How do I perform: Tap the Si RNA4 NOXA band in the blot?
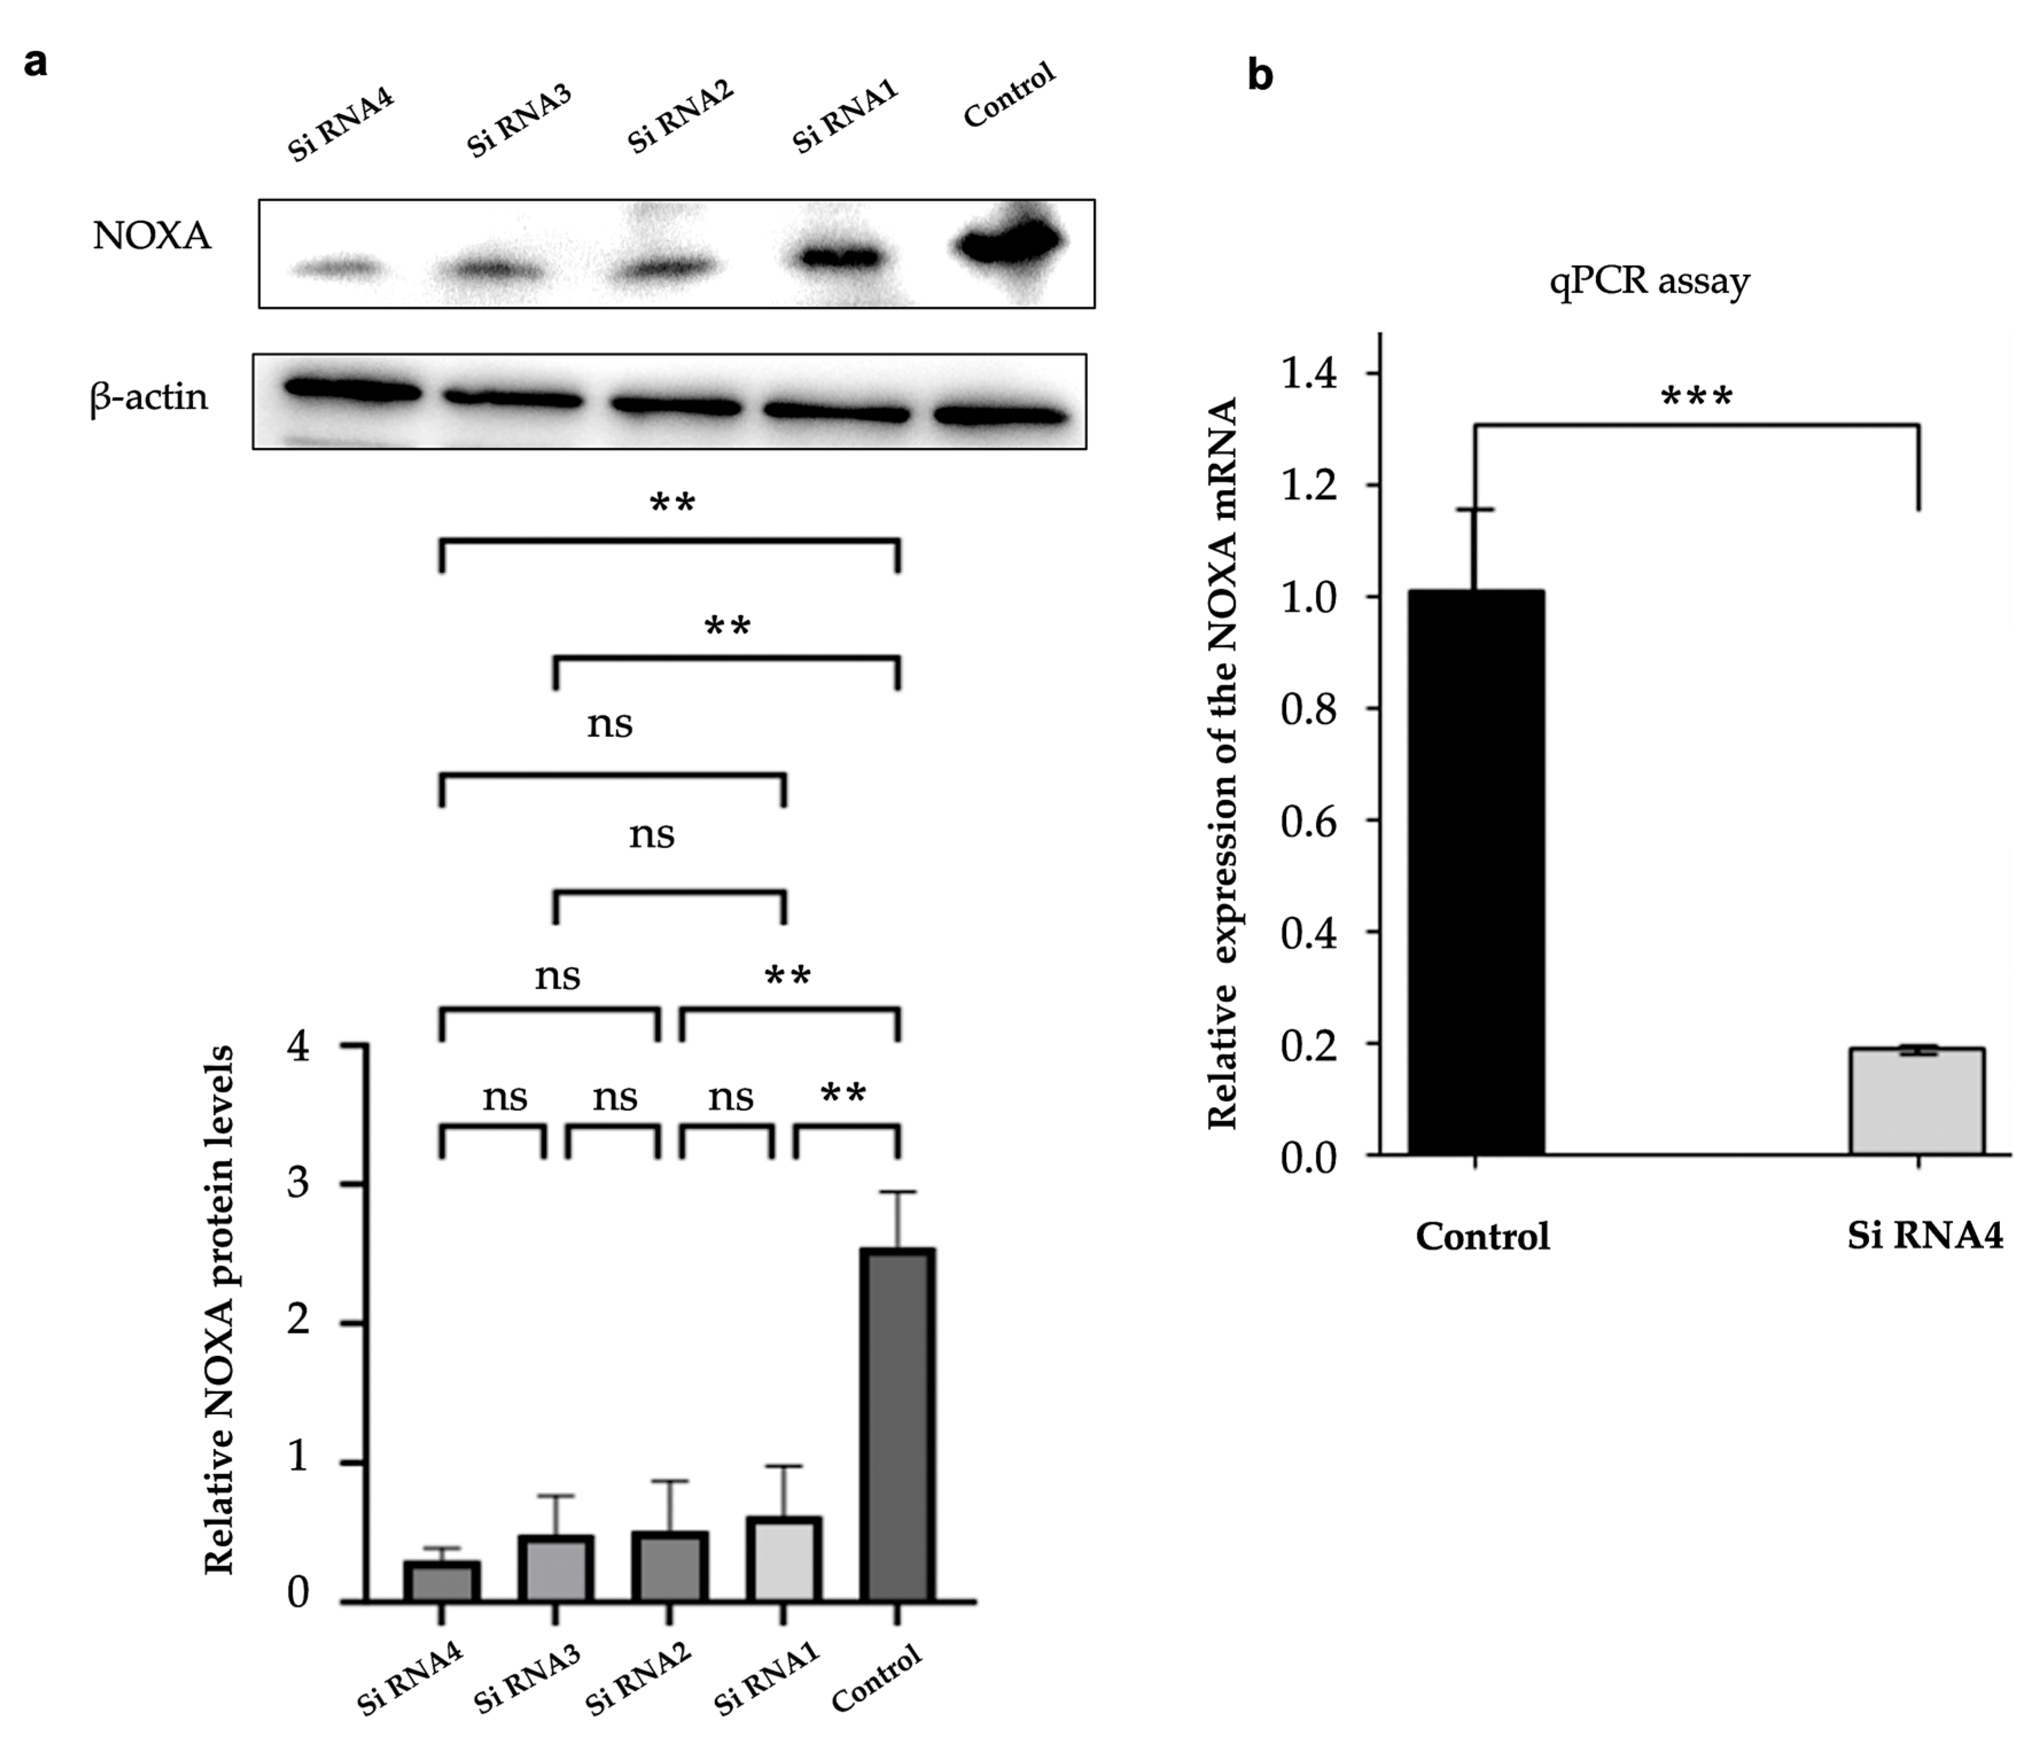point(337,267)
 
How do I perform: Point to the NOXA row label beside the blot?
point(151,236)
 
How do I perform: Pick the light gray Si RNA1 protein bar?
point(783,1560)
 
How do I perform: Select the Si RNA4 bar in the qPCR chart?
point(1917,1101)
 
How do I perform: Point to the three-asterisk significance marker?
point(1696,398)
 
